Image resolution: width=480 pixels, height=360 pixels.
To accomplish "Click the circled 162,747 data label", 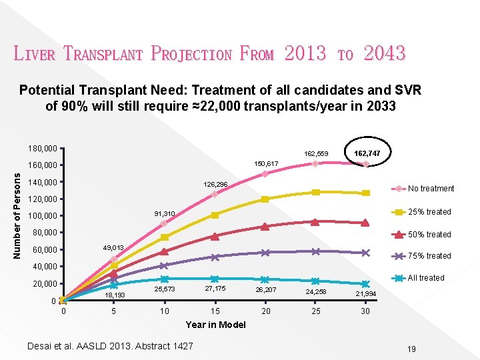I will point(367,153).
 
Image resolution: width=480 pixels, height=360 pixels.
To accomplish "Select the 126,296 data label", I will point(216,184).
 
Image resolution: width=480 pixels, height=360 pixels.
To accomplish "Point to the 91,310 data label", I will point(164,214).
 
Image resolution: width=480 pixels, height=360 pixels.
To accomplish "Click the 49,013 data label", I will point(113,248).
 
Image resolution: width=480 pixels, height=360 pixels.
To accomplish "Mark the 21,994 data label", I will point(365,294).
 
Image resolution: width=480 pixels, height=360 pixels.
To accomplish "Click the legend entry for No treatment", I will point(431,189).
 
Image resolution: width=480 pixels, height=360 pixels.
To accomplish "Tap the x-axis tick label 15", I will point(215,311).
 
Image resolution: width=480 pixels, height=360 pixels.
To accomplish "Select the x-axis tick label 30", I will point(365,311).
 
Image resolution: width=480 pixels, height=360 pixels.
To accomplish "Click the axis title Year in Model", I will point(215,325).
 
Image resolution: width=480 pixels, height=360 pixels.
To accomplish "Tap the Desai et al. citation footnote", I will point(110,345).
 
